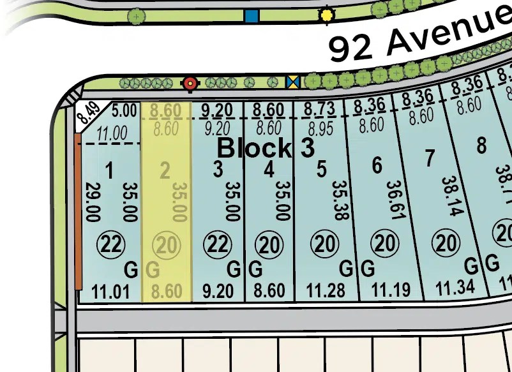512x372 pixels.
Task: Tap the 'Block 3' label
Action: (266, 148)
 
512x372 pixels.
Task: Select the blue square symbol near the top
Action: (252, 16)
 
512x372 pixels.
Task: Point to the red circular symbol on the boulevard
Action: (190, 83)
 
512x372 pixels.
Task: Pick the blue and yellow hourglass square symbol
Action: (293, 82)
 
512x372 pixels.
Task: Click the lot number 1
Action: (109, 171)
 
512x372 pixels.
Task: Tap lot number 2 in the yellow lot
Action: (165, 171)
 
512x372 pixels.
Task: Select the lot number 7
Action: (430, 157)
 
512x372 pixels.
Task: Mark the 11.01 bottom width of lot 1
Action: (110, 293)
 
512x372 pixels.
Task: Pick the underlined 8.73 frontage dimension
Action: (319, 109)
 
